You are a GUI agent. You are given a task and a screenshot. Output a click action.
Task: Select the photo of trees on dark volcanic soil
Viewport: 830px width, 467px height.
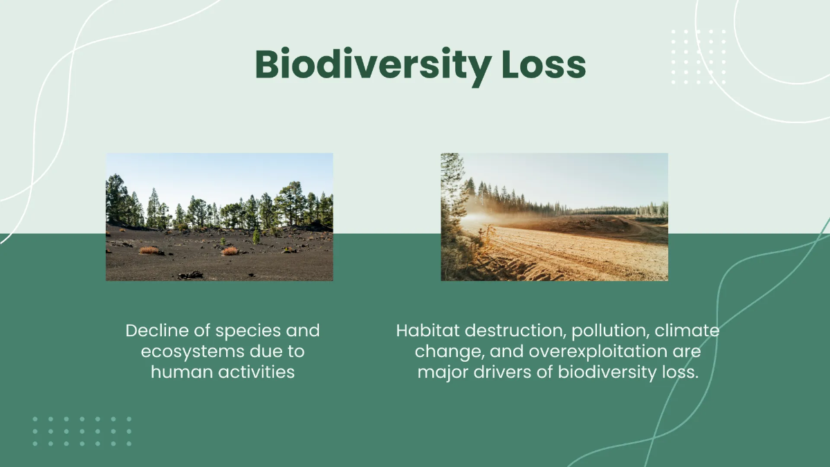pyautogui.click(x=219, y=217)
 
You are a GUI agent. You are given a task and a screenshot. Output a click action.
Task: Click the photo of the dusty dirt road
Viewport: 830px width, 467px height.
pyautogui.click(x=554, y=217)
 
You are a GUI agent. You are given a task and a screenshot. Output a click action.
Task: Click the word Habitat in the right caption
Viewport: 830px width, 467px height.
pyautogui.click(x=422, y=331)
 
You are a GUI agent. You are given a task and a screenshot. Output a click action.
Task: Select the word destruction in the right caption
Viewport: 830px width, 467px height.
pyautogui.click(x=508, y=331)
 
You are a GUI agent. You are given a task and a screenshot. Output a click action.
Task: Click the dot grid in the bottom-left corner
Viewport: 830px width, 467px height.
pyautogui.click(x=82, y=431)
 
